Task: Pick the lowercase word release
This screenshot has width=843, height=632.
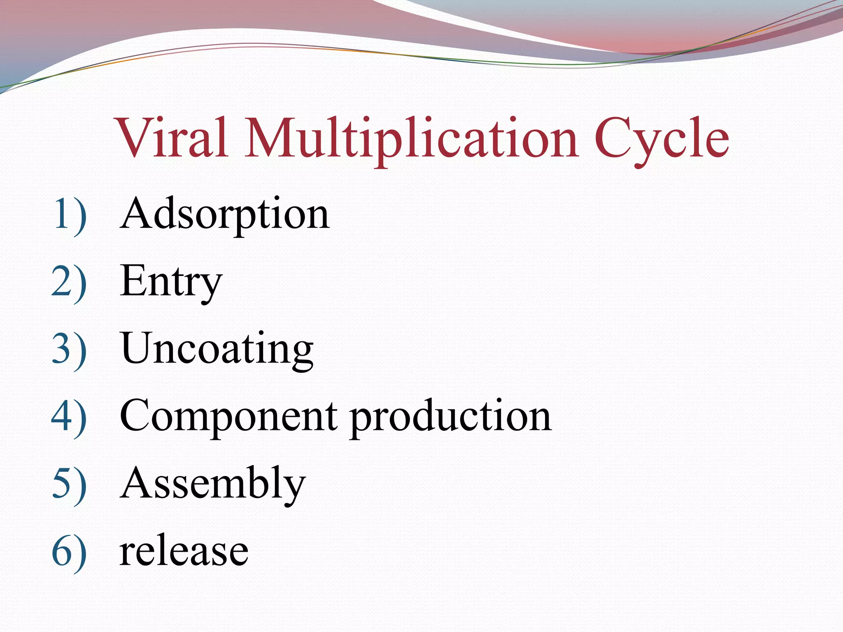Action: tap(184, 551)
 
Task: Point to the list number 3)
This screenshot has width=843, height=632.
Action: tap(69, 350)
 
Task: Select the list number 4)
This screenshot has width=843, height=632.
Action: tap(69, 416)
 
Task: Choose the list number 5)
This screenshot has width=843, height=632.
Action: tap(69, 484)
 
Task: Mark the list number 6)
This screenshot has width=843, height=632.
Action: tap(69, 551)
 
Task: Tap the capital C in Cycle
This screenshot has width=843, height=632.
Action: tap(613, 138)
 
